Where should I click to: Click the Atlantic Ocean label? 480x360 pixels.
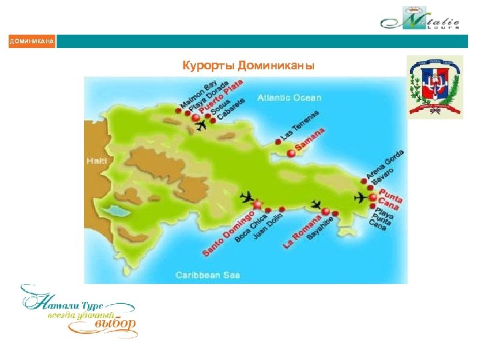[x=289, y=97]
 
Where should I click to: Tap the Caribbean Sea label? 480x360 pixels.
[x=207, y=274]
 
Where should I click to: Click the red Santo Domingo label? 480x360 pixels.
[x=228, y=233]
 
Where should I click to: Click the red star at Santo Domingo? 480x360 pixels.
[x=257, y=205]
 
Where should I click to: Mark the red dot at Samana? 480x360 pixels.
[x=291, y=153]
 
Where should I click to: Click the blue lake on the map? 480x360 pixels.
[x=118, y=212]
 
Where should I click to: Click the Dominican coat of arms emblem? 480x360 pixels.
[x=434, y=87]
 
